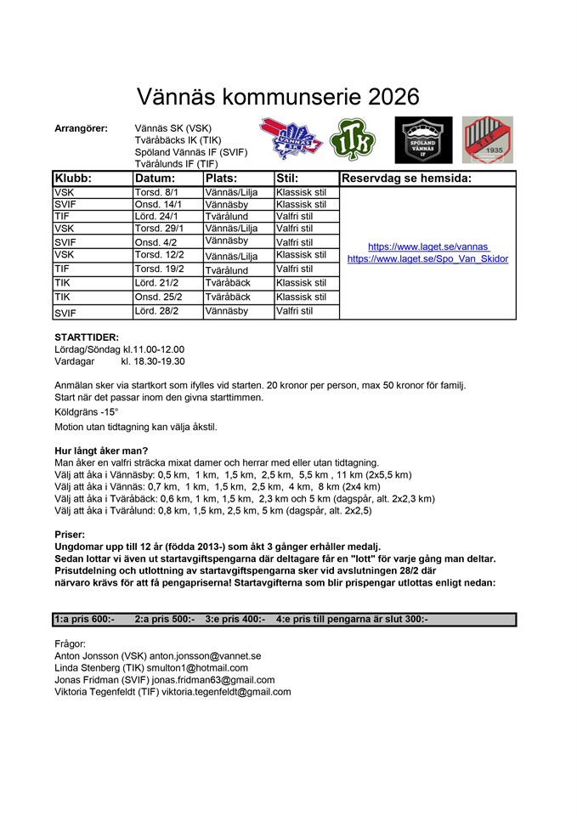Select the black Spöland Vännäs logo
[x=423, y=139]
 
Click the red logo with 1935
[x=488, y=139]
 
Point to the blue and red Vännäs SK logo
[x=289, y=139]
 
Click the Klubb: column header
[x=73, y=178]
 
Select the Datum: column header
[x=155, y=178]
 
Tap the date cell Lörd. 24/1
[x=154, y=217]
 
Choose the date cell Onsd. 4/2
[x=153, y=242]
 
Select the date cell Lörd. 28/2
[x=154, y=312]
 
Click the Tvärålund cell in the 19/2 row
[x=226, y=270]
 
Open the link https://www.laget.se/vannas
[x=428, y=246]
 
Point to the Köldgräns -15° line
[x=86, y=411]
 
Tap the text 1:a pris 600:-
[x=84, y=620]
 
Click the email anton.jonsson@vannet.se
[x=205, y=656]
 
